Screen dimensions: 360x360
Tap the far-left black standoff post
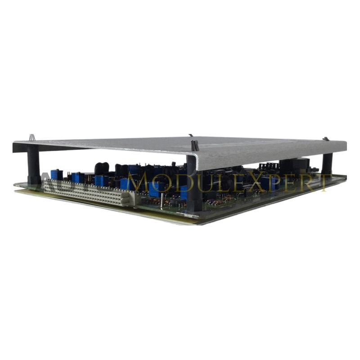pos(33,165)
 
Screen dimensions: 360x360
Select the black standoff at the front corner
pos(194,184)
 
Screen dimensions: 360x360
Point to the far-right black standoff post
pos(327,163)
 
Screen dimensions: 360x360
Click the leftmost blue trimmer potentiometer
pos(56,175)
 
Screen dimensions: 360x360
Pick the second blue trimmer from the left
pos(78,177)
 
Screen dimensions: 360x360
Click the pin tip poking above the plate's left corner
pos(32,137)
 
